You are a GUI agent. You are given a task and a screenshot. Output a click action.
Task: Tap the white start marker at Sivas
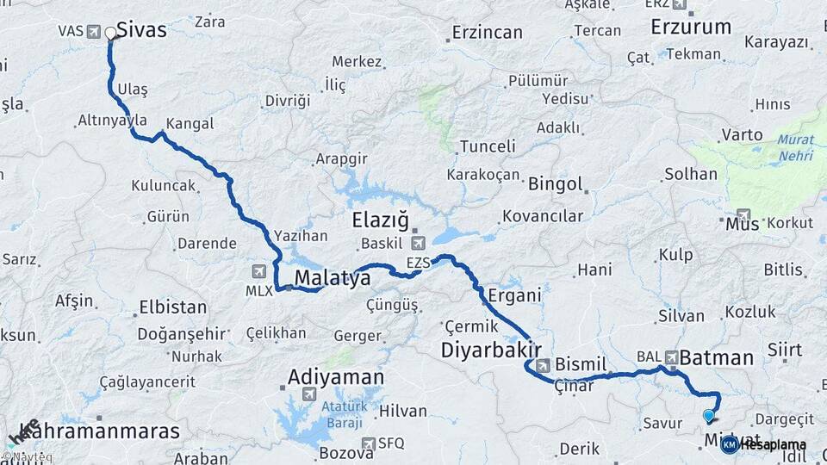tap(110, 34)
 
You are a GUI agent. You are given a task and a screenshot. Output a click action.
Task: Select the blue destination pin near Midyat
tap(709, 416)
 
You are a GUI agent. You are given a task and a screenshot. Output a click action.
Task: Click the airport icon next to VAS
tap(94, 31)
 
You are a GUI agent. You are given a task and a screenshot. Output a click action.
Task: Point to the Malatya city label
tap(333, 278)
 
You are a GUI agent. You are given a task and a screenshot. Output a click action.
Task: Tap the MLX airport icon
tap(259, 272)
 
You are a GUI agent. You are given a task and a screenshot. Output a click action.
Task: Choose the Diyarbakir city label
tap(491, 350)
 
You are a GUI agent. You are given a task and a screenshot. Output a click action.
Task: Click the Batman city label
tap(717, 356)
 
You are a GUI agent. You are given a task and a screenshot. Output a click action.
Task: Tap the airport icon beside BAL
tap(670, 356)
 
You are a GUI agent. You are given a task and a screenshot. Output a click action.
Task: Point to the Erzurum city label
tap(691, 27)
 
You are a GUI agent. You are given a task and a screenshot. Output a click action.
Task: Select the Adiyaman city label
tap(336, 376)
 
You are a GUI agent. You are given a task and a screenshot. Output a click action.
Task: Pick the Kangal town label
tap(190, 124)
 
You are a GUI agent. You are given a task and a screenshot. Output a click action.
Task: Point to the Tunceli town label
tap(488, 146)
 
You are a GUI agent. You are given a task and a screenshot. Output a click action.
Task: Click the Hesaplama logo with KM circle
tap(763, 444)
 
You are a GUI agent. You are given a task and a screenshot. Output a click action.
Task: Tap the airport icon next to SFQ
tap(368, 443)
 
